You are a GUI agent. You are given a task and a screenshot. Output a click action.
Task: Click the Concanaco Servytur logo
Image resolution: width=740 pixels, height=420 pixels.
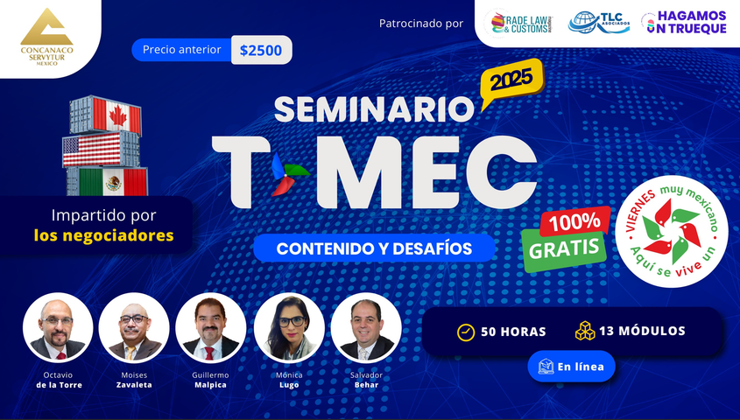pyautogui.click(x=46, y=37)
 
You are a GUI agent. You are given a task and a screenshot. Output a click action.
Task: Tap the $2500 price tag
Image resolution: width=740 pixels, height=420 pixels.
pyautogui.click(x=261, y=50)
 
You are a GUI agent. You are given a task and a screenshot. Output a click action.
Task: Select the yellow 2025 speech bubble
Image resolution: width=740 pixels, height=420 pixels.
pyautogui.click(x=512, y=81)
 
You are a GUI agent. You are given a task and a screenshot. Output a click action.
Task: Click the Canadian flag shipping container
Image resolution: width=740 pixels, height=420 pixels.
pyautogui.click(x=106, y=115)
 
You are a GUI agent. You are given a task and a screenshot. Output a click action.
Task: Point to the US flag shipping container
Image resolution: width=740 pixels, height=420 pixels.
pyautogui.click(x=102, y=149)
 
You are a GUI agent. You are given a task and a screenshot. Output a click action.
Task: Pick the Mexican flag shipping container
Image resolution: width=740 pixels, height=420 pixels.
pyautogui.click(x=107, y=181)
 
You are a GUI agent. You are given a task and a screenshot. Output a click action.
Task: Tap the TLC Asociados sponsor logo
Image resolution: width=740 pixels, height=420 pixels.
pyautogui.click(x=599, y=22)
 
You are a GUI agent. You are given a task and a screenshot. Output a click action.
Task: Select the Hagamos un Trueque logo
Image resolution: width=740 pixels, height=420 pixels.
pyautogui.click(x=683, y=22)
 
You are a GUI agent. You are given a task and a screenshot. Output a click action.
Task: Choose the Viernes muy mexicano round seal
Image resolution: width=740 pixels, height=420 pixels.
pyautogui.click(x=672, y=231)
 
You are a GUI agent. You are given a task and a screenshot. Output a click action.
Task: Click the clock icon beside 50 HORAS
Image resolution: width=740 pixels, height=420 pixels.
pyautogui.click(x=465, y=332)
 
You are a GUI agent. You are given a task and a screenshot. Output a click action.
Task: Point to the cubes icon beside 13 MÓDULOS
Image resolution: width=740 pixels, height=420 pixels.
pyautogui.click(x=585, y=331)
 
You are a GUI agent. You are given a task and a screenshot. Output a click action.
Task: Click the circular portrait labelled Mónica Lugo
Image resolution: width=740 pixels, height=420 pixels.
pyautogui.click(x=289, y=327)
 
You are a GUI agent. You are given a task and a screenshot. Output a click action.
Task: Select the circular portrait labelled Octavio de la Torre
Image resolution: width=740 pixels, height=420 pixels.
pyautogui.click(x=58, y=327)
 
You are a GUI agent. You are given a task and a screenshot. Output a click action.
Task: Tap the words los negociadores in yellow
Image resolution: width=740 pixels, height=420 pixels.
pyautogui.click(x=104, y=235)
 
